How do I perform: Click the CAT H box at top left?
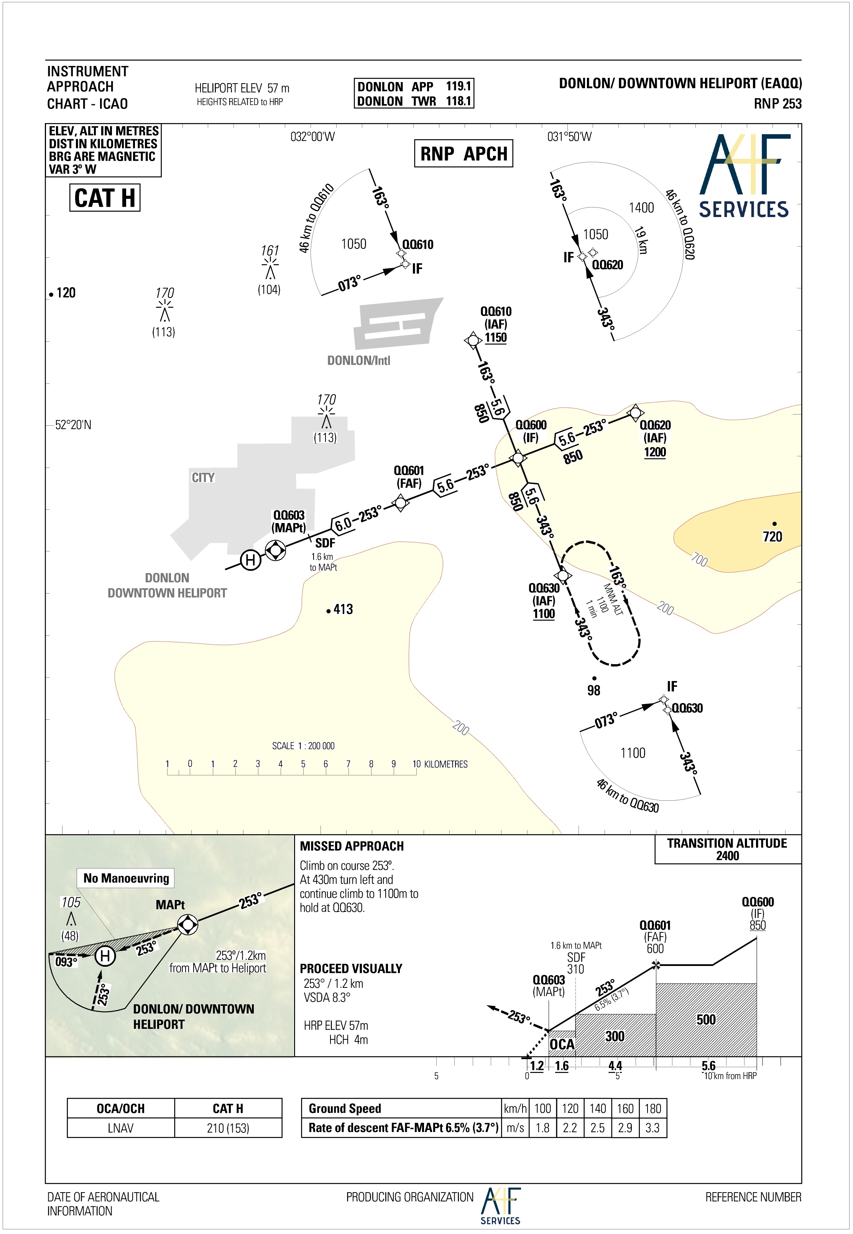[105, 198]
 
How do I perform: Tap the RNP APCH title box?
[463, 153]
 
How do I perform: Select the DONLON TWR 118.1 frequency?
[414, 101]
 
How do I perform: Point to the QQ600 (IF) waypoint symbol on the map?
[517, 458]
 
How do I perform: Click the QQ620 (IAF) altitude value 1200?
[655, 452]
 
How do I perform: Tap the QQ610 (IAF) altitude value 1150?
[495, 338]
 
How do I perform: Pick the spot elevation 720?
[772, 536]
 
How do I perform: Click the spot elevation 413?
[343, 609]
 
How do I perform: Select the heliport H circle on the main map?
[250, 560]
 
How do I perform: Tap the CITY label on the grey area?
[203, 477]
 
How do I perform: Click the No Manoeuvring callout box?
[126, 878]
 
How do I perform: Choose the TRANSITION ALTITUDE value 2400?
[727, 856]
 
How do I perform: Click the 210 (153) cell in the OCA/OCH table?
[228, 1128]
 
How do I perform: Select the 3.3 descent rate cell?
[652, 1128]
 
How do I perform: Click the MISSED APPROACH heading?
[352, 846]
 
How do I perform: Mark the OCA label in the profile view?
[562, 1044]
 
